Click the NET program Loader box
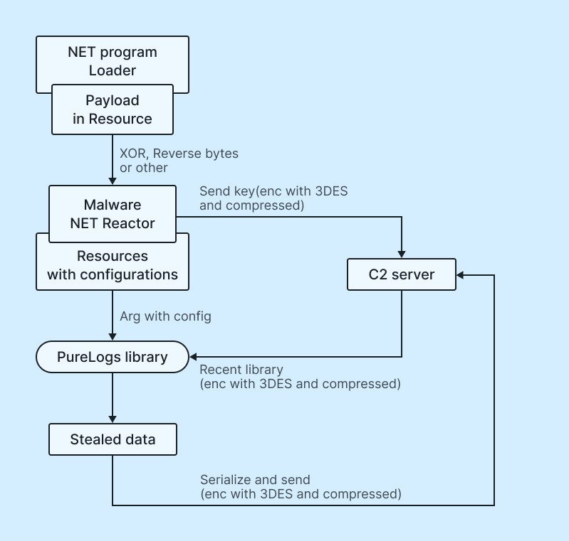click(113, 60)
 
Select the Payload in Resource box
click(113, 109)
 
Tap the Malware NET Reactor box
click(113, 214)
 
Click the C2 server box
click(402, 274)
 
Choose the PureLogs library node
click(113, 357)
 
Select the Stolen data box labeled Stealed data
click(113, 439)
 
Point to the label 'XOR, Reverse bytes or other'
click(179, 161)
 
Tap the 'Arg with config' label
click(165, 316)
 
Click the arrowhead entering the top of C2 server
click(402, 254)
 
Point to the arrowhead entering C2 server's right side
click(460, 275)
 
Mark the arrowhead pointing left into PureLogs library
click(194, 357)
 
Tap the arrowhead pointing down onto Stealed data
click(113, 419)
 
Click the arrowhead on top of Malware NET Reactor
click(113, 181)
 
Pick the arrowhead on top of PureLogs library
click(113, 337)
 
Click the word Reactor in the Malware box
click(128, 223)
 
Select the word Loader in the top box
click(113, 70)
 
